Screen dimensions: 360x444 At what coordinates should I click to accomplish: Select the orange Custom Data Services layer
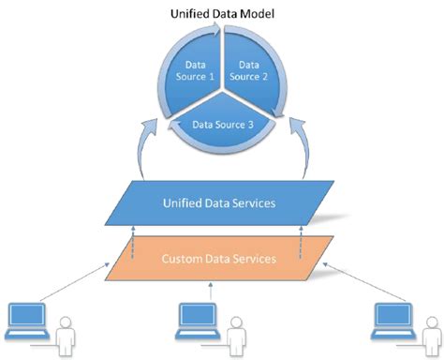point(221,257)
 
